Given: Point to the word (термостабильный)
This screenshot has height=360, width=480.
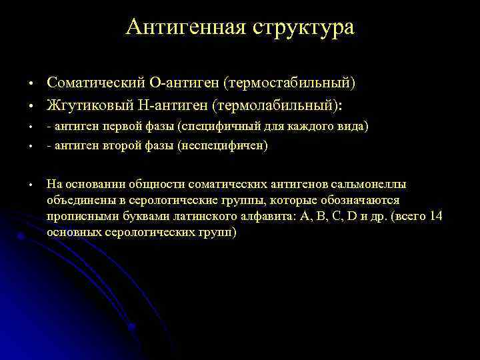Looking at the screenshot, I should pos(289,83).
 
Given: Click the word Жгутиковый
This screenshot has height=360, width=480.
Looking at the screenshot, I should pos(83,105).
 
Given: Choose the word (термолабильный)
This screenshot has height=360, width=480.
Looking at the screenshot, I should pos(268,105).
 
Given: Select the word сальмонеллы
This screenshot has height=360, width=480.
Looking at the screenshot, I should pos(369,184).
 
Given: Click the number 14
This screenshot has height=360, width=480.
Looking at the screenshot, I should pos(436,216).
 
